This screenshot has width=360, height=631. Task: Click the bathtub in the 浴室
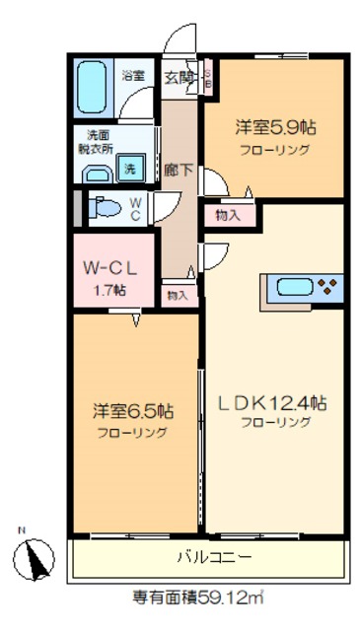coord(93,89)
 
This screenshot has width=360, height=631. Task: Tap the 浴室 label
coord(132,75)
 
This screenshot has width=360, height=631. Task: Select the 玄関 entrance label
coord(178,76)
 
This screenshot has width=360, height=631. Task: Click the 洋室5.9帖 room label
coord(273,127)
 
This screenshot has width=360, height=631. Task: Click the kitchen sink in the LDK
coord(294,288)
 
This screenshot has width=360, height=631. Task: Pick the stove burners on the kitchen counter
coord(327,288)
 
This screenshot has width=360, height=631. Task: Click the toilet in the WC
coord(109,208)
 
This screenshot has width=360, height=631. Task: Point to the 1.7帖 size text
coord(109,289)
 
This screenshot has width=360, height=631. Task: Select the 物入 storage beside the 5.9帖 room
coord(227,214)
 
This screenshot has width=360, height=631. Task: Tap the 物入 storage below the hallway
coord(178,294)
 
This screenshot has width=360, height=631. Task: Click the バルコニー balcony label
coord(214,557)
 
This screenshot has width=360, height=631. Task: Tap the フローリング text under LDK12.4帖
coord(276,422)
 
